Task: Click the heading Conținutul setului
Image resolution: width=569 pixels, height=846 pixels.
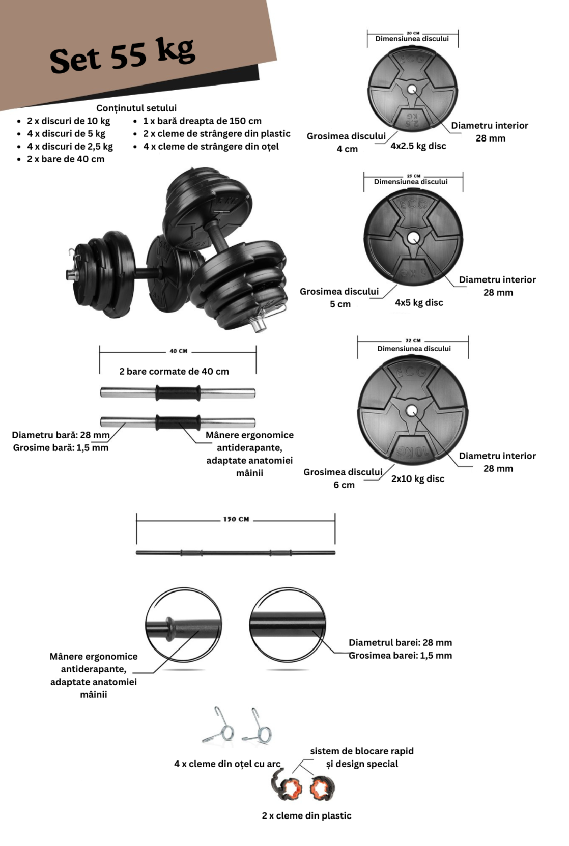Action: pos(136,108)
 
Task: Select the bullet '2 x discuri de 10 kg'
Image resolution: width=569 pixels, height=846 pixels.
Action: pos(68,121)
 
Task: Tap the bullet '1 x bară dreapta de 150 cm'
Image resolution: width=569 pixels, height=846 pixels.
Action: pos(202,121)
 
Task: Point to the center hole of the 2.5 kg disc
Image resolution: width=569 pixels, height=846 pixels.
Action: pos(412,90)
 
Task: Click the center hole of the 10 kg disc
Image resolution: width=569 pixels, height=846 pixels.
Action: pos(412,411)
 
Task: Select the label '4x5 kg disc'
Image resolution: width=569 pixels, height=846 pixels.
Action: pos(419,302)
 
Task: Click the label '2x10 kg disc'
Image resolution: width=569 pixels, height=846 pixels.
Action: pos(417,478)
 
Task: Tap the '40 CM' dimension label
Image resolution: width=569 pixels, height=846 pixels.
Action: pos(178,351)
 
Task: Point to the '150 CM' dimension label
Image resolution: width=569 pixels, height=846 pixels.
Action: pos(236,519)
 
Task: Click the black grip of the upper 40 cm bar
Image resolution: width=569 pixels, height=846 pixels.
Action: pos(178,392)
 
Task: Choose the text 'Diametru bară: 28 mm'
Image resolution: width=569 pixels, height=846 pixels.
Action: pos(61,435)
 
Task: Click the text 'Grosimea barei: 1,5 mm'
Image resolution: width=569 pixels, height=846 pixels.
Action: pos(400,655)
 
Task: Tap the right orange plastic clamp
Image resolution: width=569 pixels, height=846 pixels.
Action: pos(322,787)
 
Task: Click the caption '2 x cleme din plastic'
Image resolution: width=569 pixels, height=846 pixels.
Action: pos(306,815)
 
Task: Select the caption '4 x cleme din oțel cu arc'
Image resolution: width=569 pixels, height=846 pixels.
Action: pos(227,764)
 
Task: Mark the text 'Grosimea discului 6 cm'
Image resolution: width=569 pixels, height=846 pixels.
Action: pos(343,478)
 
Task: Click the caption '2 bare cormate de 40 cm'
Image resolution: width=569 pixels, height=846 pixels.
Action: pos(174,371)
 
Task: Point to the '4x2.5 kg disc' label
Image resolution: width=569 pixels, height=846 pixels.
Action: pos(418,146)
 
